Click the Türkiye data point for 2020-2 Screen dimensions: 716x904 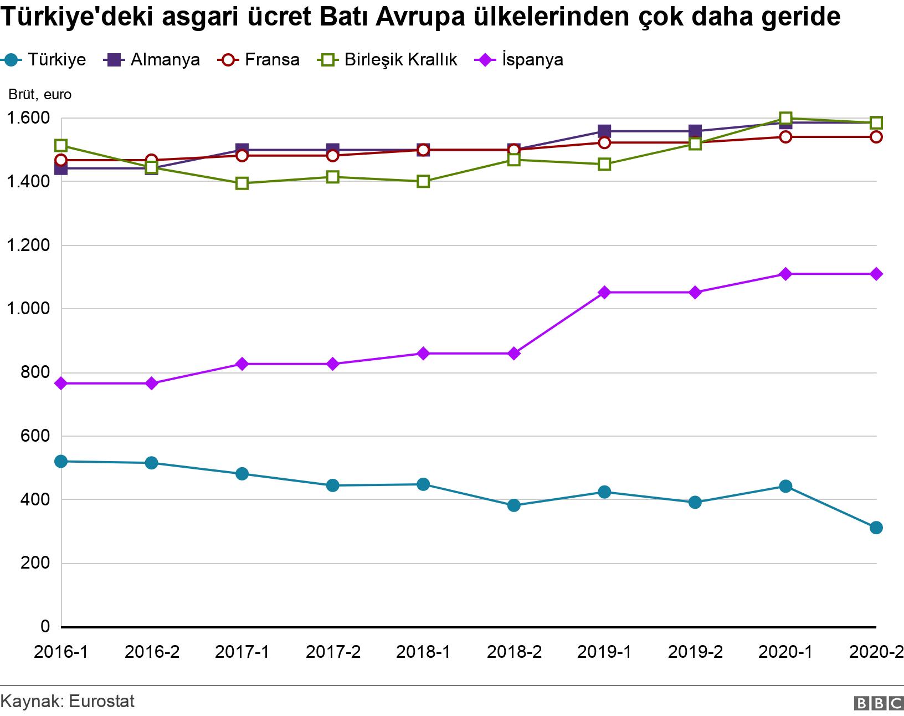click(876, 528)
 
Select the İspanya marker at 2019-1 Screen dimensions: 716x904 click(604, 292)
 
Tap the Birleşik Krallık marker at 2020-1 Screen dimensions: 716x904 click(785, 118)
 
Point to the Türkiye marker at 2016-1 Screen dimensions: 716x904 click(61, 461)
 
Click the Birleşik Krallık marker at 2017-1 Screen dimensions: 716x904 click(242, 183)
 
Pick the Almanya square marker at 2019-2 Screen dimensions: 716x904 click(695, 131)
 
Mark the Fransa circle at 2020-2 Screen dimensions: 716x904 click(876, 137)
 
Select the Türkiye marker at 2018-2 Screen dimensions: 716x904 click(513, 505)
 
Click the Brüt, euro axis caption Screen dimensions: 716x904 click(40, 95)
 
